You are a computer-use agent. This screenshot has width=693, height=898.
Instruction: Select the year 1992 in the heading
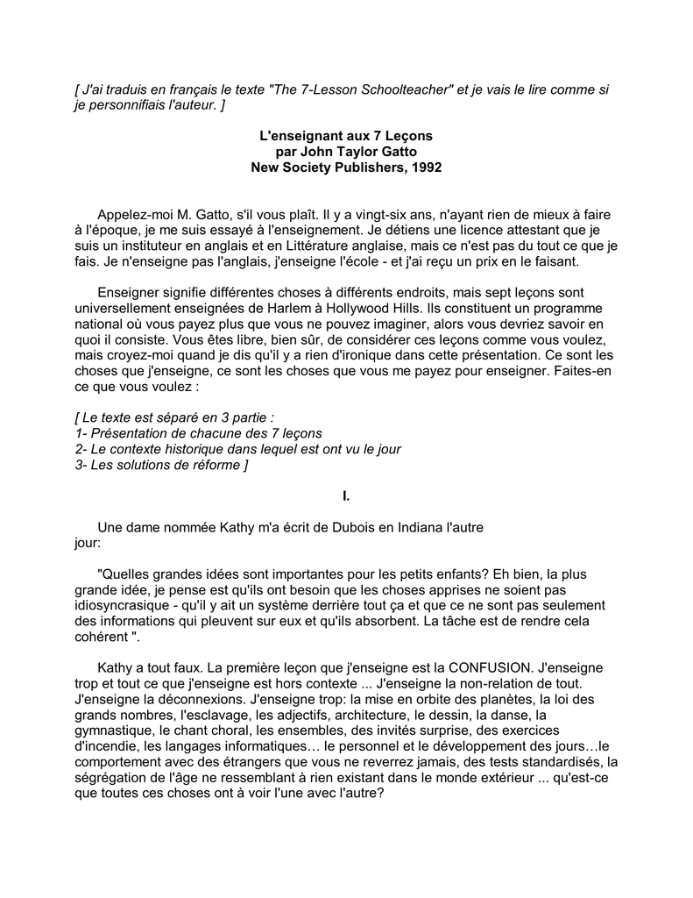(426, 167)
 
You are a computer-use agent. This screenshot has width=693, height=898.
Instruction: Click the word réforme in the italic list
(209, 465)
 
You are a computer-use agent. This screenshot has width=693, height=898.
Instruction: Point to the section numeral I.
(346, 496)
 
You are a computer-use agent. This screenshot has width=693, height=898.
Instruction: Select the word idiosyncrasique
(124, 605)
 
